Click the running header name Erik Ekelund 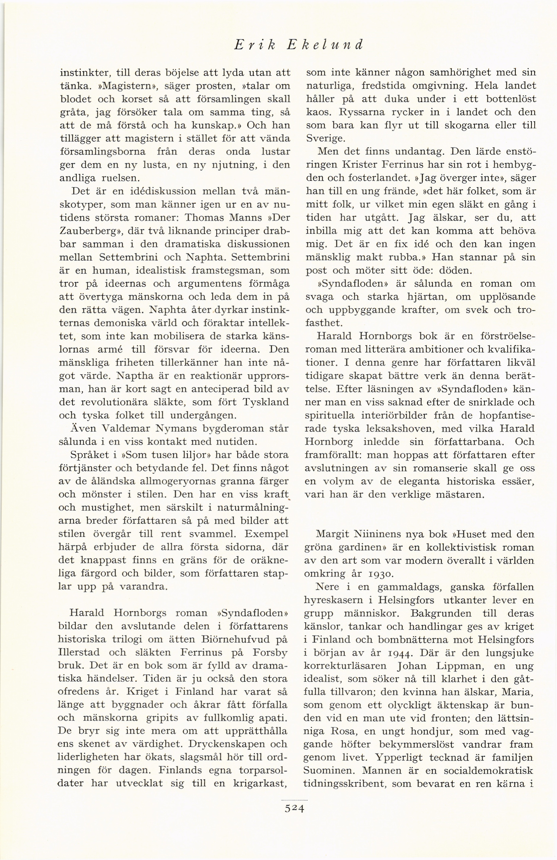click(298, 45)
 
